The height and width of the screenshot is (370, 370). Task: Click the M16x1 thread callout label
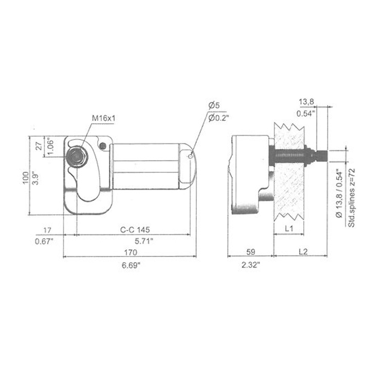click(x=103, y=118)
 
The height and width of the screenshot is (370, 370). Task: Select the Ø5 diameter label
click(x=214, y=105)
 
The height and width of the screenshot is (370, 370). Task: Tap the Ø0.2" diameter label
click(x=218, y=118)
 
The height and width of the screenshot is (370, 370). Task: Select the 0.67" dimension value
click(x=45, y=241)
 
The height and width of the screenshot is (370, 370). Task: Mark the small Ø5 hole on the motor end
click(x=190, y=156)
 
